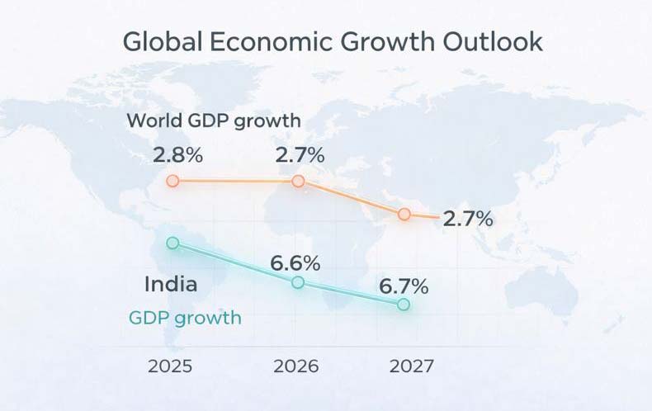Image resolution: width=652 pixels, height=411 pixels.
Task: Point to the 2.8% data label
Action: (175, 154)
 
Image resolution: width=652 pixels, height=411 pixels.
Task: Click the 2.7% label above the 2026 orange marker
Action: (300, 154)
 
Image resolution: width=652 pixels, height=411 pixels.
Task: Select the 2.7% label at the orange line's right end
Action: (468, 220)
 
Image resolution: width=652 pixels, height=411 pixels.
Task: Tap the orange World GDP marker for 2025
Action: (172, 181)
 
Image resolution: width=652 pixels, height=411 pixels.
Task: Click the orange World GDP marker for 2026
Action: (299, 181)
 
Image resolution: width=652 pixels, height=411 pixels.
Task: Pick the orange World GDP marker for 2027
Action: (404, 214)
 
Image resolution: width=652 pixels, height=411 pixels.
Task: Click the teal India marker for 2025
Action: (172, 243)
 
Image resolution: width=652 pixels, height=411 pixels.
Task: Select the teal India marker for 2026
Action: (299, 282)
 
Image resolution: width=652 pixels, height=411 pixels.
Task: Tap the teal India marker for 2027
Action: (404, 305)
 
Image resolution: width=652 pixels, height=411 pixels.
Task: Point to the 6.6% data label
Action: (295, 264)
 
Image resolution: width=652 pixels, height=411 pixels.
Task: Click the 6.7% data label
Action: (404, 286)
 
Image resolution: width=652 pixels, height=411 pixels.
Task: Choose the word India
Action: (171, 286)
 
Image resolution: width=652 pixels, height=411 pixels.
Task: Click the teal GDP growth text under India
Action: (186, 318)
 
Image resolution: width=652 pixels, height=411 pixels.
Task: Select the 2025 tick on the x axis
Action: (170, 366)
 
